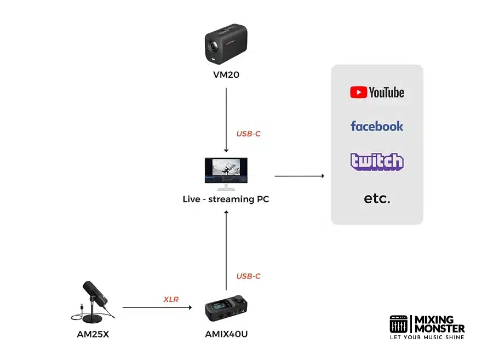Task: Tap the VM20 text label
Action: coord(226,75)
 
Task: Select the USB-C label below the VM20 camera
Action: coord(248,134)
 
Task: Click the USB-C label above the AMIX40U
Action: coord(248,276)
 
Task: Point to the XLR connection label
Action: coord(171,299)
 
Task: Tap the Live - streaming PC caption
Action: coord(226,199)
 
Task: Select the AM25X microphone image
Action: coord(93,301)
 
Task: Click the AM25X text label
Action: coord(93,334)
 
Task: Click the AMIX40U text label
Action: coord(226,334)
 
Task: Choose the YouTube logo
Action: coord(377,92)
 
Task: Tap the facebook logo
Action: coord(377,126)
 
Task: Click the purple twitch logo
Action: coord(377,161)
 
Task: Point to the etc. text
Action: coord(377,198)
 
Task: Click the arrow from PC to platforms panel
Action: coord(299,176)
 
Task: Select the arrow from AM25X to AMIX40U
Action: coord(157,307)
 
